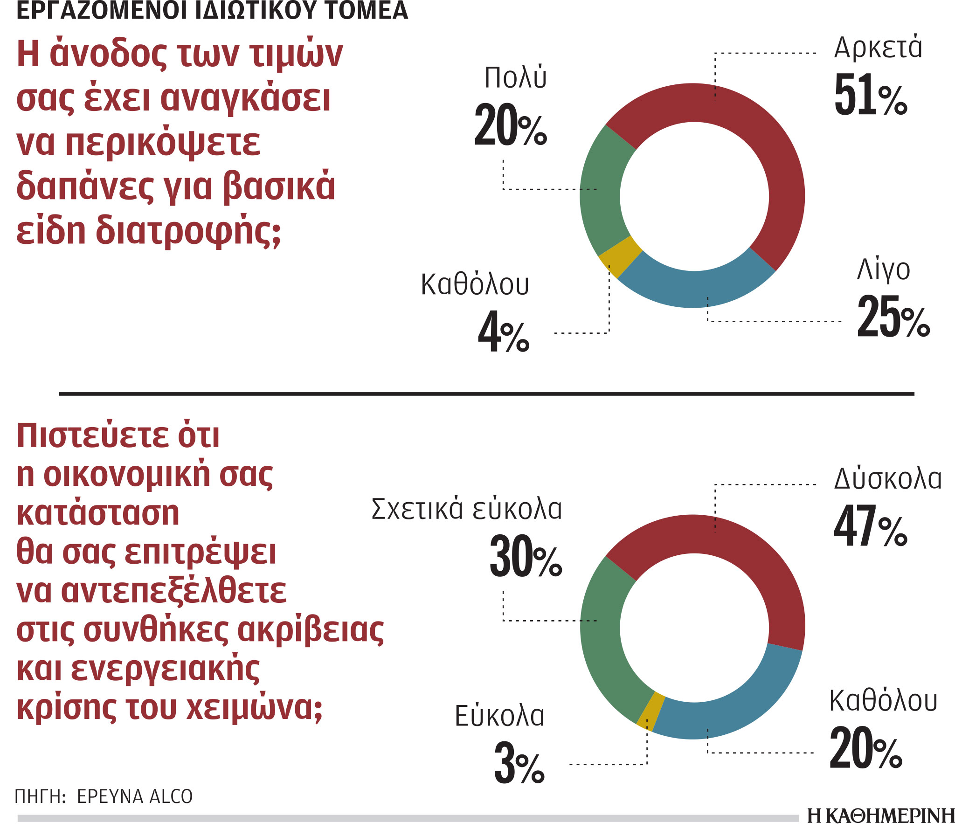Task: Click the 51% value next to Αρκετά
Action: [x=870, y=96]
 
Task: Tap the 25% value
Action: [x=893, y=317]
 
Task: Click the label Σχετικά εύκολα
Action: [x=466, y=509]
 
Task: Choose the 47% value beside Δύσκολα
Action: [x=870, y=527]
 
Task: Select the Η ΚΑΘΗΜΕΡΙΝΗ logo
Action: [x=881, y=815]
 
